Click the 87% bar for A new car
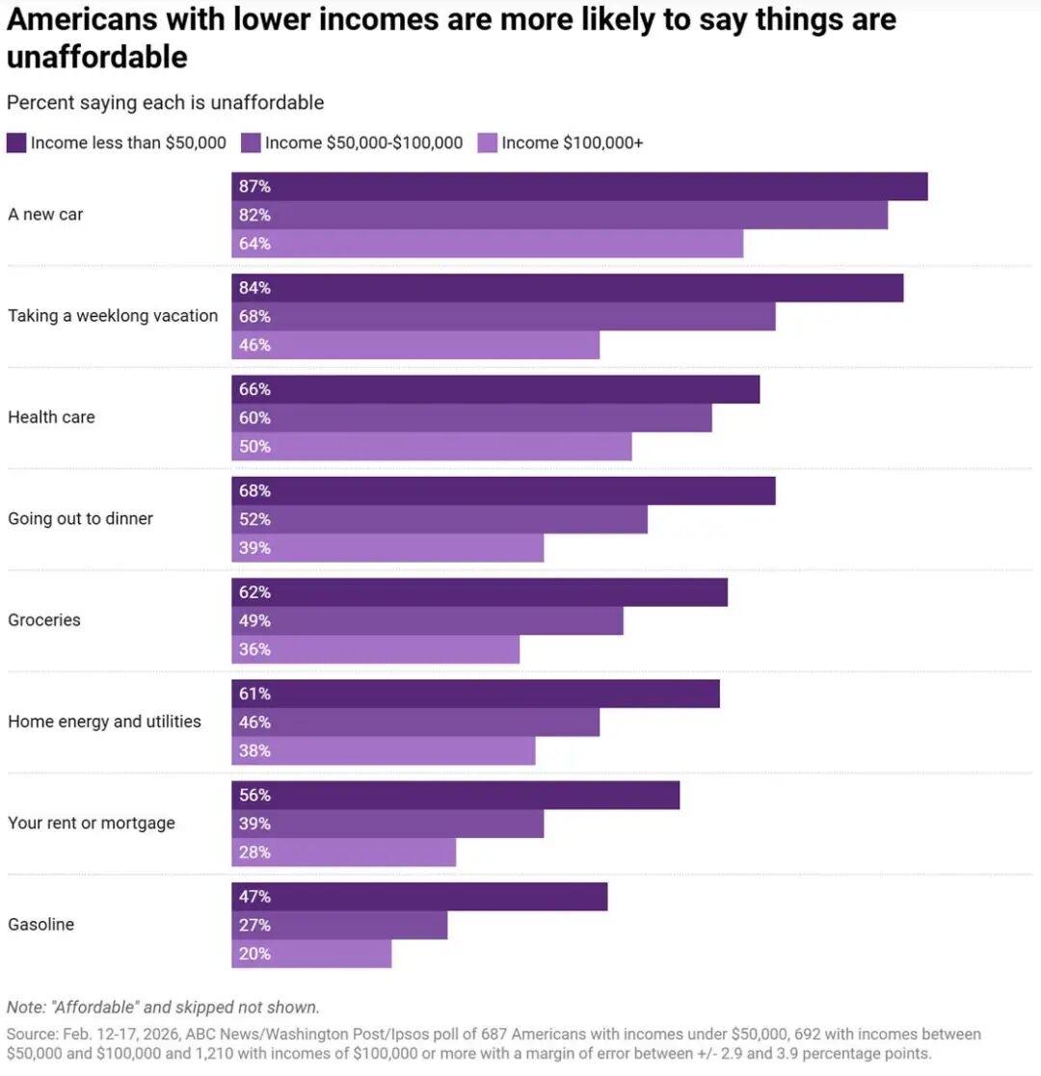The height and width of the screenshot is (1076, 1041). click(x=578, y=187)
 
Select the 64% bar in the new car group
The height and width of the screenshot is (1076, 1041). click(x=487, y=244)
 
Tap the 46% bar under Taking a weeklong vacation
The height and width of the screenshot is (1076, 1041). click(x=414, y=345)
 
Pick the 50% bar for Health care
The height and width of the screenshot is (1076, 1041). click(x=431, y=446)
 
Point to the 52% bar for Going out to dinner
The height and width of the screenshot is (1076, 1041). click(x=439, y=519)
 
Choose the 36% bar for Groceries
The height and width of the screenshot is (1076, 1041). click(x=375, y=649)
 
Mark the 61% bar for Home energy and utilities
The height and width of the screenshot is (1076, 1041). click(x=475, y=694)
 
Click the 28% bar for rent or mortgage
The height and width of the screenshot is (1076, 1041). click(x=343, y=853)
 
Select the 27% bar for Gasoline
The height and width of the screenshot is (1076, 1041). click(x=339, y=926)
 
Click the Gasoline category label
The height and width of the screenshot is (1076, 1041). click(x=41, y=925)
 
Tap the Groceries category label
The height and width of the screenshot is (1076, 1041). click(x=44, y=620)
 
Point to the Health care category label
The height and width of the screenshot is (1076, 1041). click(x=51, y=418)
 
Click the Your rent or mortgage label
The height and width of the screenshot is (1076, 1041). click(x=92, y=824)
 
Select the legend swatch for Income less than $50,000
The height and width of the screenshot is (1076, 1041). click(x=16, y=143)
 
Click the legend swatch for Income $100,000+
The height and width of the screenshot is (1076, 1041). click(x=488, y=143)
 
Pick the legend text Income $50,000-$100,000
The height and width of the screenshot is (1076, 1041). click(x=363, y=143)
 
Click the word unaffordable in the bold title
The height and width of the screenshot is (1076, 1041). click(x=96, y=58)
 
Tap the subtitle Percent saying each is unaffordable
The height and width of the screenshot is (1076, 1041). click(x=165, y=102)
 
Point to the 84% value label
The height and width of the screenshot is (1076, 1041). click(x=254, y=288)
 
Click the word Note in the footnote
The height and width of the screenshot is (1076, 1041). click(x=25, y=1008)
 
